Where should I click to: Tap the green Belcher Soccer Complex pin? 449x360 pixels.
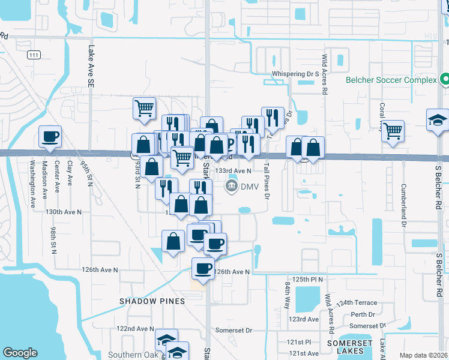tap(445, 79)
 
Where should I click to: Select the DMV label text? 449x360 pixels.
tap(249, 187)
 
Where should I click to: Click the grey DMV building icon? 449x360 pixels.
tap(231, 187)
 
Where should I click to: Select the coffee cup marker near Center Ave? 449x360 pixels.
tap(50, 137)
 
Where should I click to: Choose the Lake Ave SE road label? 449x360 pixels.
tap(91, 67)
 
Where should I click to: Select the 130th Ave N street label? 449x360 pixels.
tap(63, 212)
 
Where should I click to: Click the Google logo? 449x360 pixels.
tap(20, 353)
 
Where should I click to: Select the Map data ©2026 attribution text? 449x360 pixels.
tap(423, 355)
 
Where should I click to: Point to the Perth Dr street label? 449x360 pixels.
tap(363, 314)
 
